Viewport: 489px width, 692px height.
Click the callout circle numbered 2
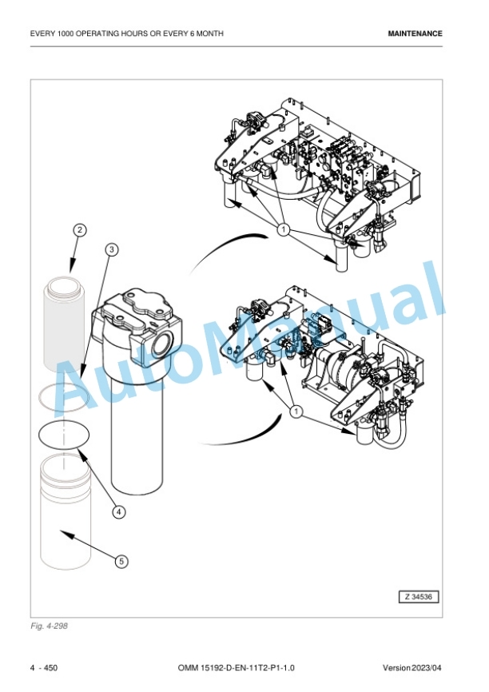79,230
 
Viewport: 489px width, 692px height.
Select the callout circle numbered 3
112,250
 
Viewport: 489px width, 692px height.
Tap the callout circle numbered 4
118,512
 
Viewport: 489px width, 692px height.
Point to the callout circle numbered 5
121,562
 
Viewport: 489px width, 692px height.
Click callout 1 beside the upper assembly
284,229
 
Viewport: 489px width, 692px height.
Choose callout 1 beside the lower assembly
296,412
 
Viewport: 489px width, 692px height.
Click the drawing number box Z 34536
419,597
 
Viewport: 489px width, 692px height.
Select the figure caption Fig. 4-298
49,626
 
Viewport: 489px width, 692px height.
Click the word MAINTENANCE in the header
415,34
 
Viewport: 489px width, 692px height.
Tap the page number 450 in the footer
51,668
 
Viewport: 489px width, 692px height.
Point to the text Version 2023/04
411,668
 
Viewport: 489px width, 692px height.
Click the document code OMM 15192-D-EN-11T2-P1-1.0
237,668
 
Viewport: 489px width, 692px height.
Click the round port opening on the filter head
161,341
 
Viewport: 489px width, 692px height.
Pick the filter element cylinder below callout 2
64,323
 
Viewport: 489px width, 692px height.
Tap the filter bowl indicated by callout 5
66,513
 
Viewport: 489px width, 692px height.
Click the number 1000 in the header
66,34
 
